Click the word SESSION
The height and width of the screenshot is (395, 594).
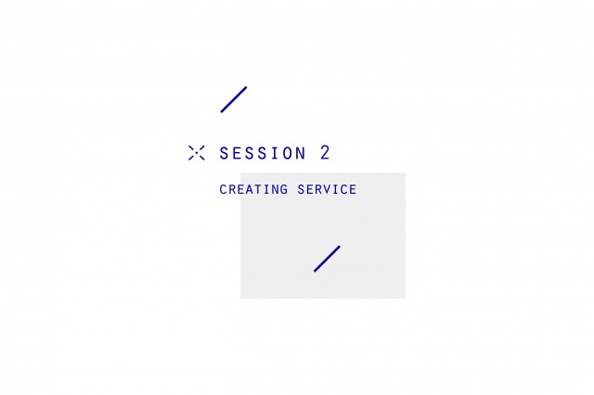(263, 153)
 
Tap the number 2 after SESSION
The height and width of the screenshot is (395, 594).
(325, 153)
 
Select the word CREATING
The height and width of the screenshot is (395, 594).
(253, 189)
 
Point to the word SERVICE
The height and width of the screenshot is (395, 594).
(327, 189)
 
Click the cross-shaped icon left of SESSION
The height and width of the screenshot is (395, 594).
(197, 153)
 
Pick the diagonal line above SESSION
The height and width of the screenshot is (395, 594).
(234, 99)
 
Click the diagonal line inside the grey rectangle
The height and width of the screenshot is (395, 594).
(327, 259)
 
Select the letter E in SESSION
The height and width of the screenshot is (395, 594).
(236, 153)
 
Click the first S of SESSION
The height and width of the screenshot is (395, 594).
(224, 153)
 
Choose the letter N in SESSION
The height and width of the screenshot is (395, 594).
(301, 153)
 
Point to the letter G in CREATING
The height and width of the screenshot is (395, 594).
(284, 189)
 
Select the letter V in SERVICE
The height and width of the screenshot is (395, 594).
(327, 189)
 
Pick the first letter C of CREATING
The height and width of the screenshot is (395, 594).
(223, 189)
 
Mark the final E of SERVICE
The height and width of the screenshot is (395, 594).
(353, 189)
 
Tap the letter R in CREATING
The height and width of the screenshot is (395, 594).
(233, 189)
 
